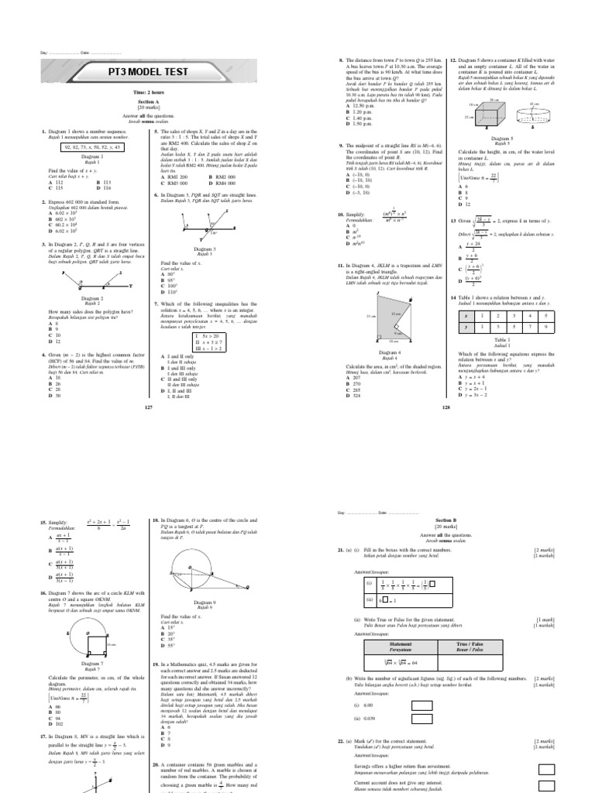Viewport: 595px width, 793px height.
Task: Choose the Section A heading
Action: click(x=146, y=101)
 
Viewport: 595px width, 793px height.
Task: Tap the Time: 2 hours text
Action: click(x=146, y=92)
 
